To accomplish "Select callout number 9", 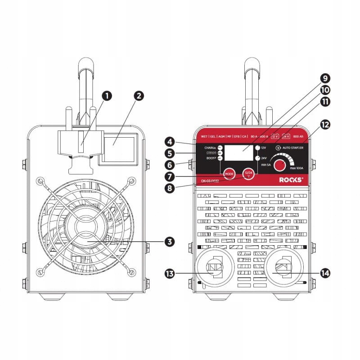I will [x=325, y=77].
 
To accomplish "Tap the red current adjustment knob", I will [x=280, y=166].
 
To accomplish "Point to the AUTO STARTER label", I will [x=290, y=148].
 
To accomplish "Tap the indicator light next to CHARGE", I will [x=220, y=148].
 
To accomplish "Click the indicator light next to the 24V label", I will [x=257, y=158].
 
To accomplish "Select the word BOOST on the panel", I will [x=208, y=158].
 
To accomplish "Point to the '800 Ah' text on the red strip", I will [x=298, y=136].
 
